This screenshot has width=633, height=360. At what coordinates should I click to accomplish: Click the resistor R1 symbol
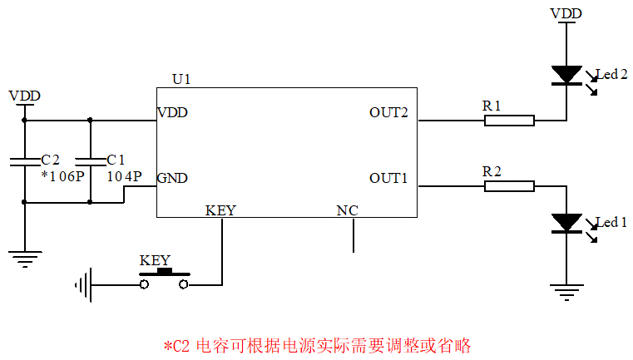pyautogui.click(x=509, y=121)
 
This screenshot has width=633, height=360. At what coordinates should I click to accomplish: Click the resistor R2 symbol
pyautogui.click(x=509, y=185)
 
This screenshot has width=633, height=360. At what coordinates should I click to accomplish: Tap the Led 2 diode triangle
pyautogui.click(x=566, y=76)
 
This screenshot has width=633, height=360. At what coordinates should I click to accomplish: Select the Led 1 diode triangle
pyautogui.click(x=566, y=223)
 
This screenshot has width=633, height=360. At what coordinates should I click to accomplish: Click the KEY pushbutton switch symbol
pyautogui.click(x=165, y=281)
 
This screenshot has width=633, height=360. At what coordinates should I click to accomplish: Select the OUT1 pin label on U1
pyautogui.click(x=388, y=178)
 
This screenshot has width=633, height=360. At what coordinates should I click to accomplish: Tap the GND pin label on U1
pyautogui.click(x=172, y=178)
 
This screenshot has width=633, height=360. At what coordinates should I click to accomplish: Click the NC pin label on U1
pyautogui.click(x=347, y=210)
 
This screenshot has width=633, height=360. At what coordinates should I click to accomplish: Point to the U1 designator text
pyautogui.click(x=181, y=79)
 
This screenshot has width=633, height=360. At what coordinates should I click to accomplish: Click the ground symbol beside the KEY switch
pyautogui.click(x=82, y=285)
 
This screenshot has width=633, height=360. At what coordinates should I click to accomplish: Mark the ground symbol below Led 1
pyautogui.click(x=566, y=290)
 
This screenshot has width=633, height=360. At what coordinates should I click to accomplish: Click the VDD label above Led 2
pyautogui.click(x=566, y=13)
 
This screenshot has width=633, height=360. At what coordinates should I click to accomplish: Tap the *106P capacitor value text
pyautogui.click(x=63, y=176)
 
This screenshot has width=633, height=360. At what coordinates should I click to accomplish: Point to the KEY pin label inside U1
pyautogui.click(x=220, y=210)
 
